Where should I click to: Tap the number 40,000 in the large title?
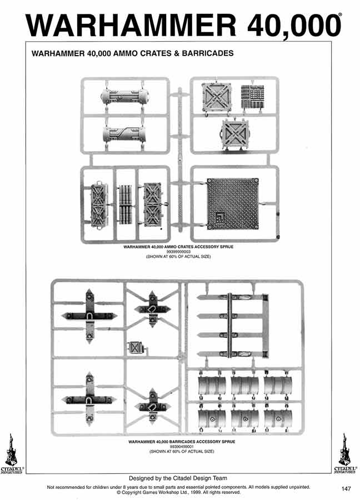click(x=286, y=26)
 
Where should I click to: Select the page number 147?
click(x=346, y=489)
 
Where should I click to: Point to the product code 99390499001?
click(x=180, y=446)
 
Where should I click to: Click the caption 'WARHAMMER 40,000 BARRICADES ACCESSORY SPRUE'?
click(x=180, y=442)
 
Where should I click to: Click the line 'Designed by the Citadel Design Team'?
click(x=178, y=478)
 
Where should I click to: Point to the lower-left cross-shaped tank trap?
click(x=89, y=399)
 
